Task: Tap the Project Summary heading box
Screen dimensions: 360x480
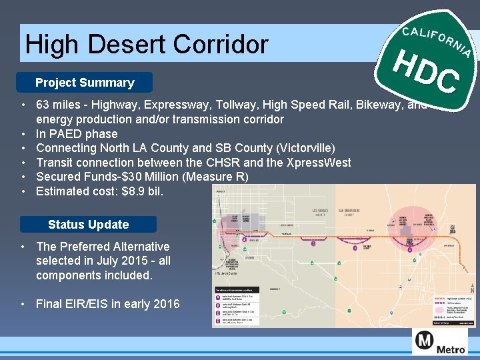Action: point(85,83)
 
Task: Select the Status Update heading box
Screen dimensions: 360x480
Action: point(88,225)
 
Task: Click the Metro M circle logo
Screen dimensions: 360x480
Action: point(425,342)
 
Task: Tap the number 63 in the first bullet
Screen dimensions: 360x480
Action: point(43,105)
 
